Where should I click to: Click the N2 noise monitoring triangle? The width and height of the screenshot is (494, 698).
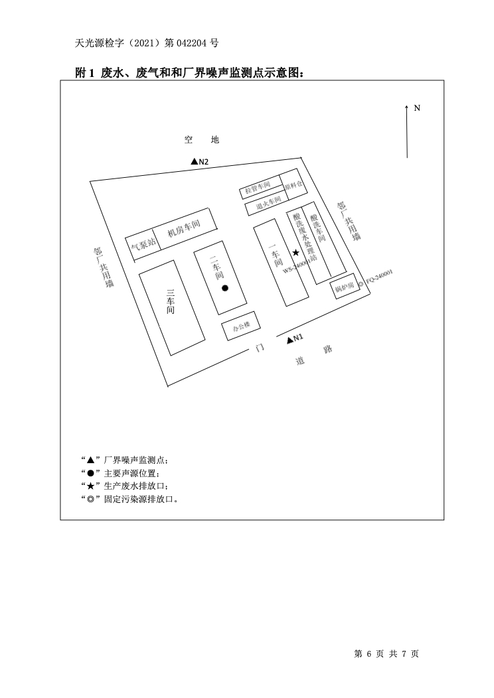pyautogui.click(x=194, y=161)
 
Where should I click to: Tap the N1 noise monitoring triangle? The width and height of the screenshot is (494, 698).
pyautogui.click(x=290, y=340)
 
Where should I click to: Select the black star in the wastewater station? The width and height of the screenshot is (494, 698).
pyautogui.click(x=295, y=253)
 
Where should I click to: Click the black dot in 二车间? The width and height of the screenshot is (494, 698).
pyautogui.click(x=225, y=288)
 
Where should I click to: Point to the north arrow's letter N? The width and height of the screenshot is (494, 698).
pyautogui.click(x=417, y=107)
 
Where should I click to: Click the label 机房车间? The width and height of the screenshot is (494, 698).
pyautogui.click(x=183, y=230)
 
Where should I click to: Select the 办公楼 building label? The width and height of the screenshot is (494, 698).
pyautogui.click(x=240, y=326)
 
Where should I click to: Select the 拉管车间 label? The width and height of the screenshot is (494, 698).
pyautogui.click(x=258, y=189)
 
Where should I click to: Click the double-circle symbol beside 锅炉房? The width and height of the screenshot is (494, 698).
pyautogui.click(x=361, y=285)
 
